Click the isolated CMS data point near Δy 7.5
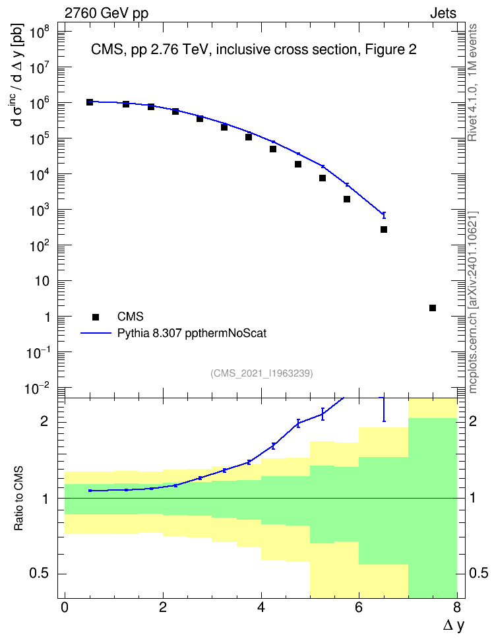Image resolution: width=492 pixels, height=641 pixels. coord(432,308)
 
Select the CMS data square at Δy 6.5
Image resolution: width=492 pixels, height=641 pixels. coord(384,229)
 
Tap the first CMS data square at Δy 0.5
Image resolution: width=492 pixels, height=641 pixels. coord(90,102)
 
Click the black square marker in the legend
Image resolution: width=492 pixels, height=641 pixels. coord(96,317)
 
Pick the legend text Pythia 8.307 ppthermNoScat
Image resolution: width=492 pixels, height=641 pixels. coord(192,333)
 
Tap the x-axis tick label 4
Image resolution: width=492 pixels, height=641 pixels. coord(261,607)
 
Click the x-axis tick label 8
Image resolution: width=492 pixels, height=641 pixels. coord(457,607)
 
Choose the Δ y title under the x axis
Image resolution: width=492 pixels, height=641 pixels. coord(454,626)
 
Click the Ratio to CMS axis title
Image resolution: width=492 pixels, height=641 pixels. coord(18,499)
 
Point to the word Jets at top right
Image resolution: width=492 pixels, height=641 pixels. coord(443,13)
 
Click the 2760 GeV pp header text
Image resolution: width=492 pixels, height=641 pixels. coord(106,13)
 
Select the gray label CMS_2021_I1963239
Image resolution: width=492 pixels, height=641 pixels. coord(262,373)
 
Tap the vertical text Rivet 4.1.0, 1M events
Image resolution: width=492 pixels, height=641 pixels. coord(473,82)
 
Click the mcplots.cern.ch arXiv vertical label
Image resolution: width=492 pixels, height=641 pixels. coord(473,303)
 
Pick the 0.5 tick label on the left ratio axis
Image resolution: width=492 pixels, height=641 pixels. coord(40,574)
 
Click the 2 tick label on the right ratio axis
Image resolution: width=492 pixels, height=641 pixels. coord(473,421)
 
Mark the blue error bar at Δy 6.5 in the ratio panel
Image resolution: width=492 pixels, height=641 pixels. coord(384,410)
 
